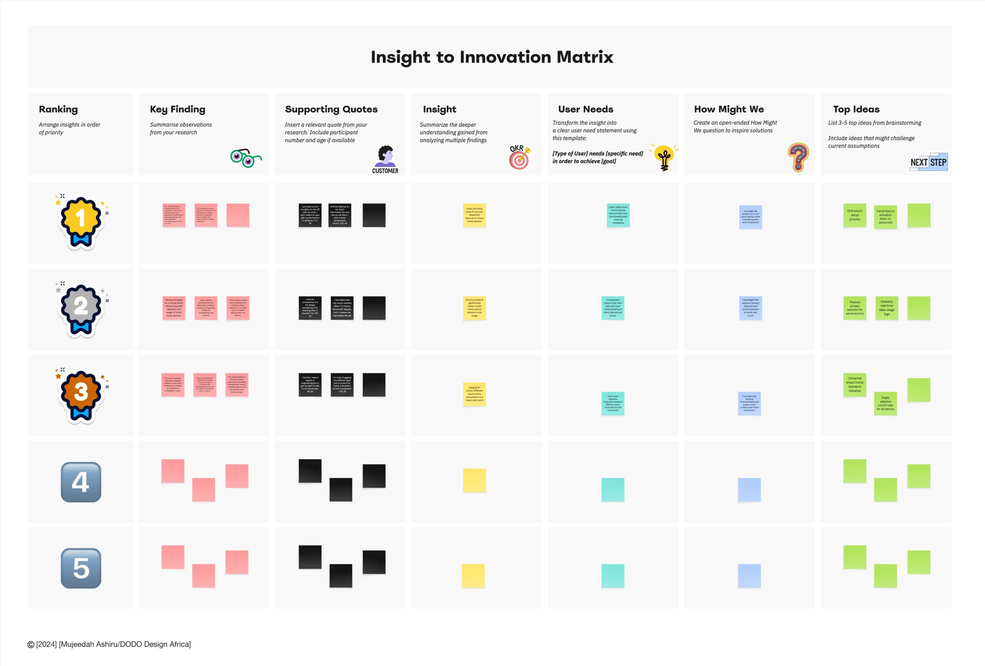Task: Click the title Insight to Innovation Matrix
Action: pyautogui.click(x=492, y=57)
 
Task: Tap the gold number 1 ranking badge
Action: pyautogui.click(x=80, y=221)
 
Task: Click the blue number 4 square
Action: pyautogui.click(x=81, y=482)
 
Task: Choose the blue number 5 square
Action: pyautogui.click(x=81, y=568)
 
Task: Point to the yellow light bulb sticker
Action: pyautogui.click(x=664, y=157)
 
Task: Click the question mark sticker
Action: pyautogui.click(x=798, y=157)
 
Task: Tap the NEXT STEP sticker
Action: pyautogui.click(x=928, y=162)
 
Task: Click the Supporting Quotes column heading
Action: pyautogui.click(x=331, y=109)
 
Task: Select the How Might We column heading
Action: pyautogui.click(x=729, y=109)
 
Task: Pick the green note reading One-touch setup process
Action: pyautogui.click(x=855, y=215)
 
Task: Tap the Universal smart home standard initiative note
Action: pyautogui.click(x=855, y=385)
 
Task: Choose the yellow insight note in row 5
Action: pyautogui.click(x=473, y=575)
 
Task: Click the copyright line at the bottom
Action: pyautogui.click(x=109, y=644)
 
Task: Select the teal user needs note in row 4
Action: pyautogui.click(x=613, y=490)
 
